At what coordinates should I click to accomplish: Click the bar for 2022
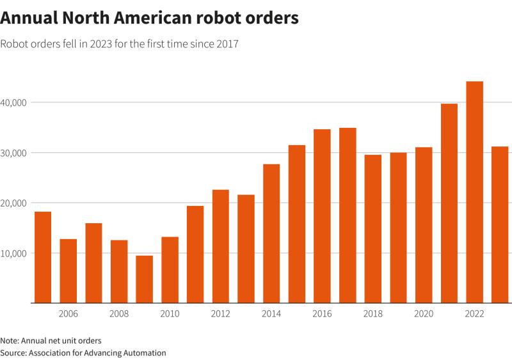(x=474, y=192)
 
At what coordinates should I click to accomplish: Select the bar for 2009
(x=144, y=279)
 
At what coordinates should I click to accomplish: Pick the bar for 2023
(x=500, y=224)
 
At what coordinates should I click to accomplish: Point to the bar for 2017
(x=348, y=215)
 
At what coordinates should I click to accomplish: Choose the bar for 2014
(x=271, y=233)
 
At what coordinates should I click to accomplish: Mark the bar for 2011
(x=195, y=254)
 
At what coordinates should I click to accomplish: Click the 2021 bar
(x=449, y=203)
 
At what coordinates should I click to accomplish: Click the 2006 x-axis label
(x=68, y=313)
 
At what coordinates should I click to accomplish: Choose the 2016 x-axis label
(x=322, y=313)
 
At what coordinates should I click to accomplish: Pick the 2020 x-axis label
(x=424, y=313)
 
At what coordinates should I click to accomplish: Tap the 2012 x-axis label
(x=220, y=313)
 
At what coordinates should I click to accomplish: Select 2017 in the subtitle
(x=226, y=45)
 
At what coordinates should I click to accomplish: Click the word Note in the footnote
(x=10, y=340)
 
